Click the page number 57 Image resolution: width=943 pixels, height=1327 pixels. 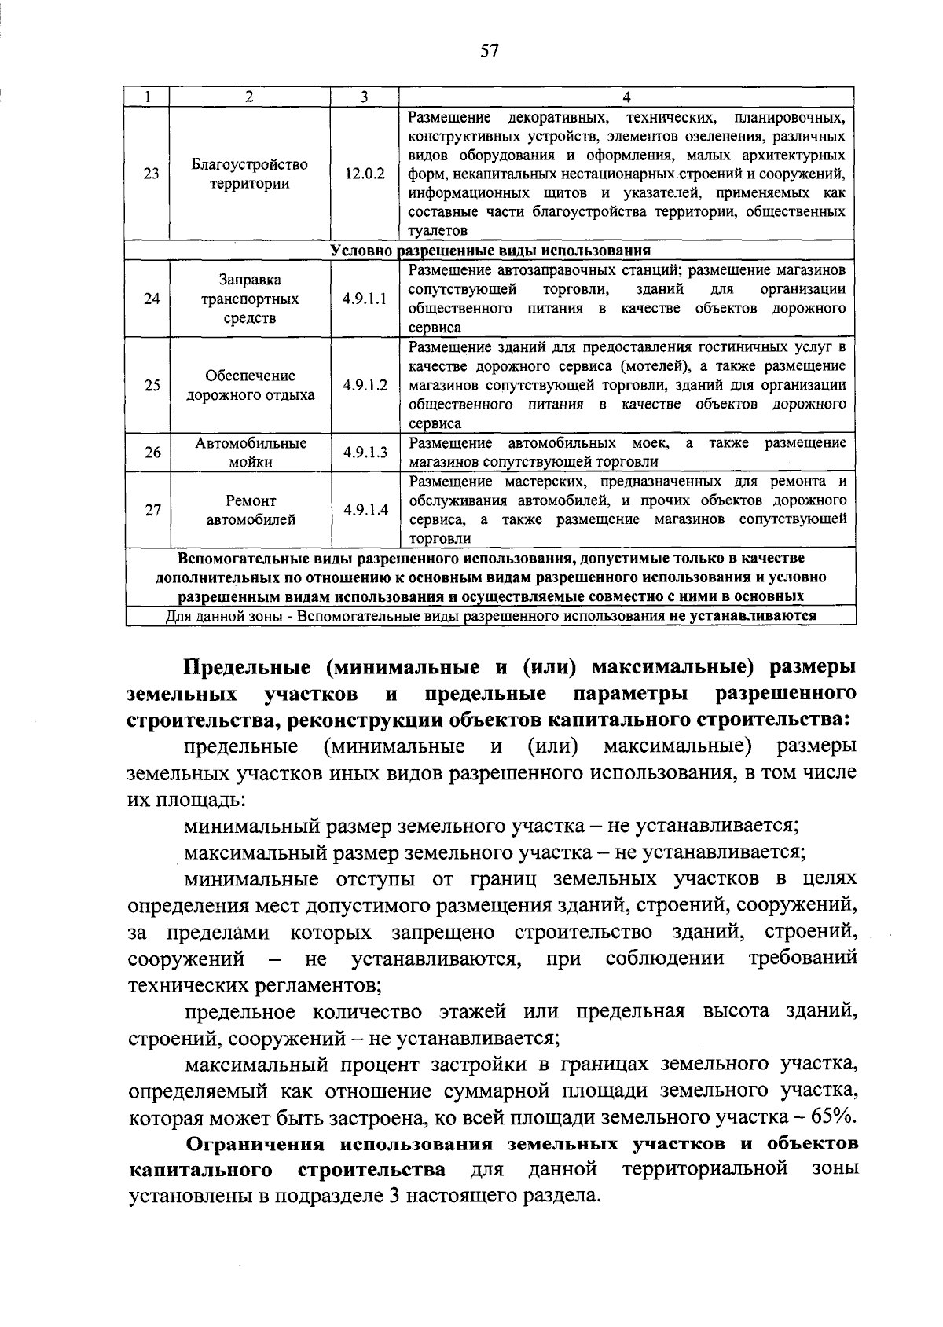(x=489, y=52)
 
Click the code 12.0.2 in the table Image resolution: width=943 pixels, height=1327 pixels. (x=365, y=174)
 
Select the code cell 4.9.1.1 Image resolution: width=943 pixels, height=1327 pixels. (x=365, y=299)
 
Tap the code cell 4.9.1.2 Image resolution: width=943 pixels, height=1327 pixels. (x=365, y=385)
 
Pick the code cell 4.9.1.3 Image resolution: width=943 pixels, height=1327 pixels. (x=365, y=453)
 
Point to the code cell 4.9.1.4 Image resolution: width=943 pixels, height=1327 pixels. (x=365, y=510)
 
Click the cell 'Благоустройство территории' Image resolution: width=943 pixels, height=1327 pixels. (x=250, y=174)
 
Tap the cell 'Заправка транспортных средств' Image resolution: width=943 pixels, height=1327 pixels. (x=250, y=299)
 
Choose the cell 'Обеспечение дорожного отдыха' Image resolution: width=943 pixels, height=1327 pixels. (x=250, y=385)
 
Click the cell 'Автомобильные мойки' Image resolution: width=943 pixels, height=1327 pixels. (x=250, y=453)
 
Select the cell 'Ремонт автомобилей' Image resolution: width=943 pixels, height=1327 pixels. (x=250, y=510)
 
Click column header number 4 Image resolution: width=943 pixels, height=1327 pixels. (x=626, y=97)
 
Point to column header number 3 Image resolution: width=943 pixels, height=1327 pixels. (x=365, y=97)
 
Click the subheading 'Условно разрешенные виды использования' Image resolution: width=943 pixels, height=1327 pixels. (x=490, y=251)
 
